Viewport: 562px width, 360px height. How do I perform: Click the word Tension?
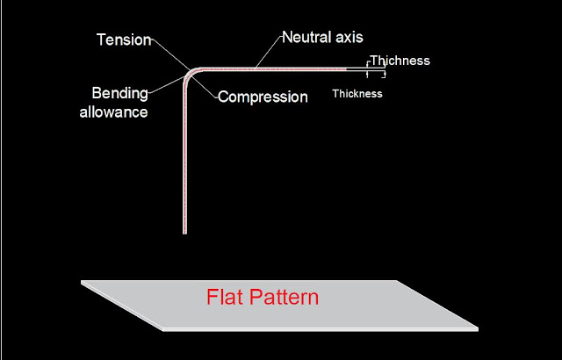point(124,40)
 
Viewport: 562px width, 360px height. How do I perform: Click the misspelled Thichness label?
point(400,61)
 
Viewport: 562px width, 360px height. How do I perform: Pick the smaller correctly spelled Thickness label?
point(357,93)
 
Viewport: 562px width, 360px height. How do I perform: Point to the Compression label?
point(263,97)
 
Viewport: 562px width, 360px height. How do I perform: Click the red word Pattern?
point(288,297)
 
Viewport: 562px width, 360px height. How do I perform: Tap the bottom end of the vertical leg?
point(184,232)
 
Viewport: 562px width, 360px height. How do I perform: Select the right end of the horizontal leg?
point(384,68)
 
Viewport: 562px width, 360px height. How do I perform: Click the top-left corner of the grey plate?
point(82,281)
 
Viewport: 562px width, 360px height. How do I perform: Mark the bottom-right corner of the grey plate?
point(479,330)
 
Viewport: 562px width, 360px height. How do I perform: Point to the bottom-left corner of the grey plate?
point(163,331)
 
